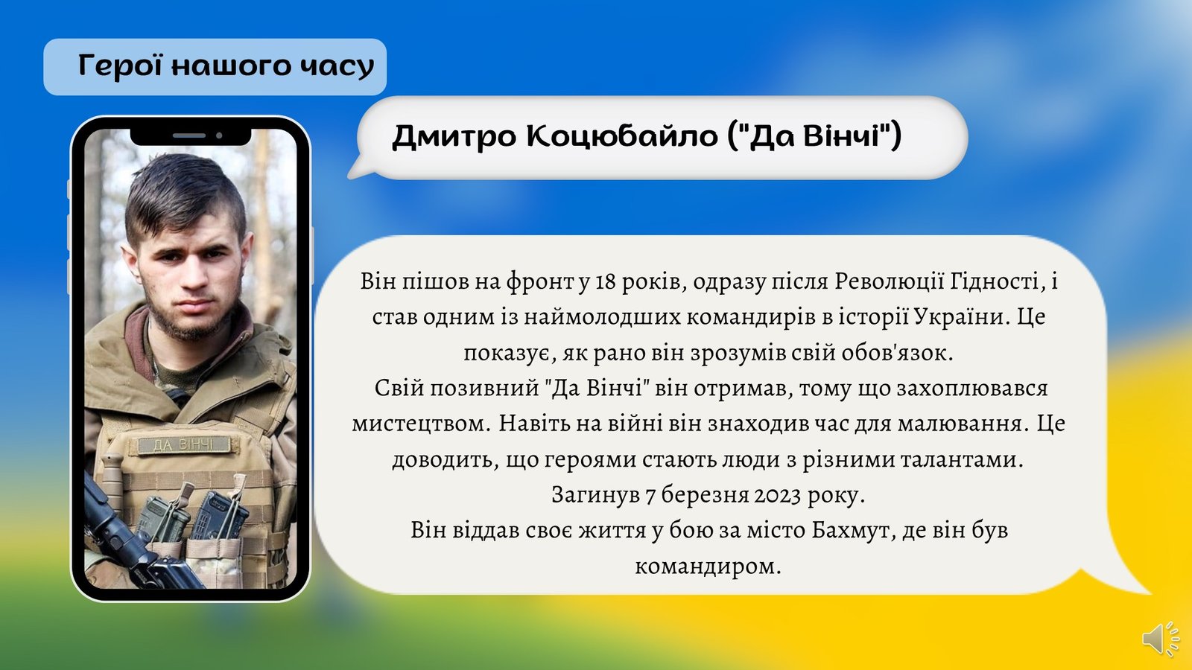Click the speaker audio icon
(x=1160, y=638)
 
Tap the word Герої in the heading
(x=120, y=66)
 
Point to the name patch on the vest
(x=184, y=445)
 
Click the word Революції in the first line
(x=887, y=281)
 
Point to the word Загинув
(x=595, y=496)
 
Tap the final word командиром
(x=708, y=567)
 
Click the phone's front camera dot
(x=219, y=135)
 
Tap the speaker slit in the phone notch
(x=189, y=135)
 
